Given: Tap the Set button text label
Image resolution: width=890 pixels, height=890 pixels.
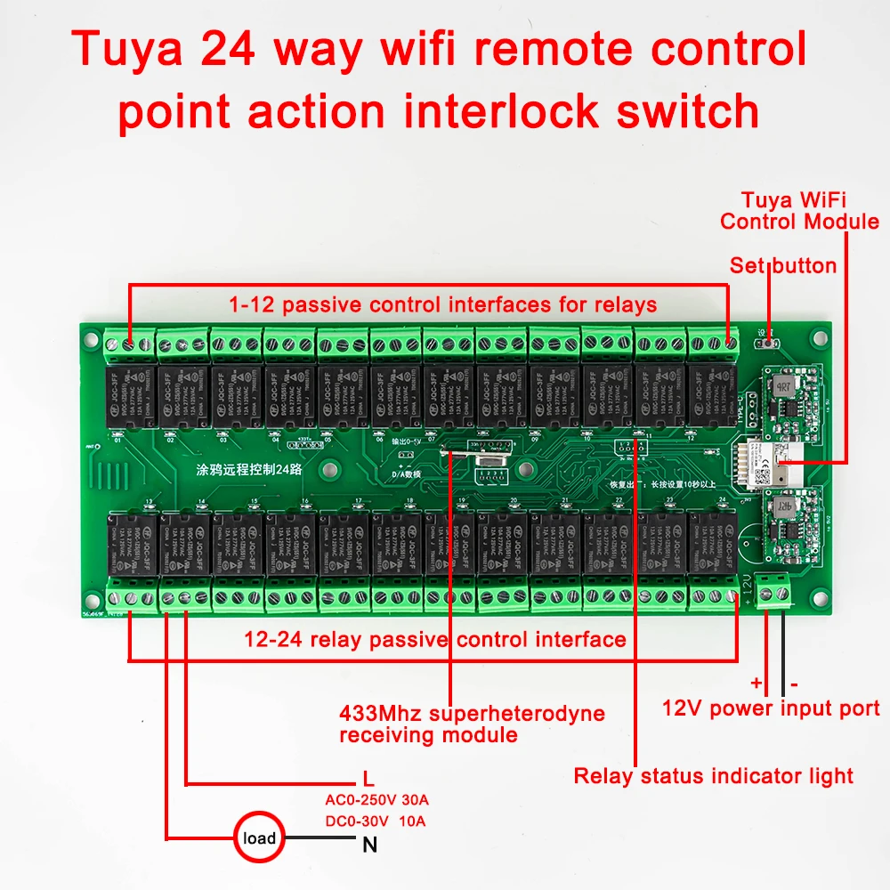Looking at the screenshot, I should click(783, 265).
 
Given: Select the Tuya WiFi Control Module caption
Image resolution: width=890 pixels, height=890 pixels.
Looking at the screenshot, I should click(799, 211).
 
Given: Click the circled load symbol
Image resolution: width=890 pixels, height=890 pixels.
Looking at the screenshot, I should click(259, 837).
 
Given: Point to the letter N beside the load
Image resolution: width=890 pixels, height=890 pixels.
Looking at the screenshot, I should click(369, 845).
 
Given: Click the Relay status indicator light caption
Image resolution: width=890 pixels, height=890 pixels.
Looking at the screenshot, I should click(713, 776).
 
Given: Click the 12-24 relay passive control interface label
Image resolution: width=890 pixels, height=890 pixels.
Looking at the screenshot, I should click(435, 639).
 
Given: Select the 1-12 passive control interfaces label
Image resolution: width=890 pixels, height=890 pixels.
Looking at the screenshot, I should click(442, 305).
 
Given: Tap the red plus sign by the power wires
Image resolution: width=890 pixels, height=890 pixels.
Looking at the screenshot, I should click(756, 684).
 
